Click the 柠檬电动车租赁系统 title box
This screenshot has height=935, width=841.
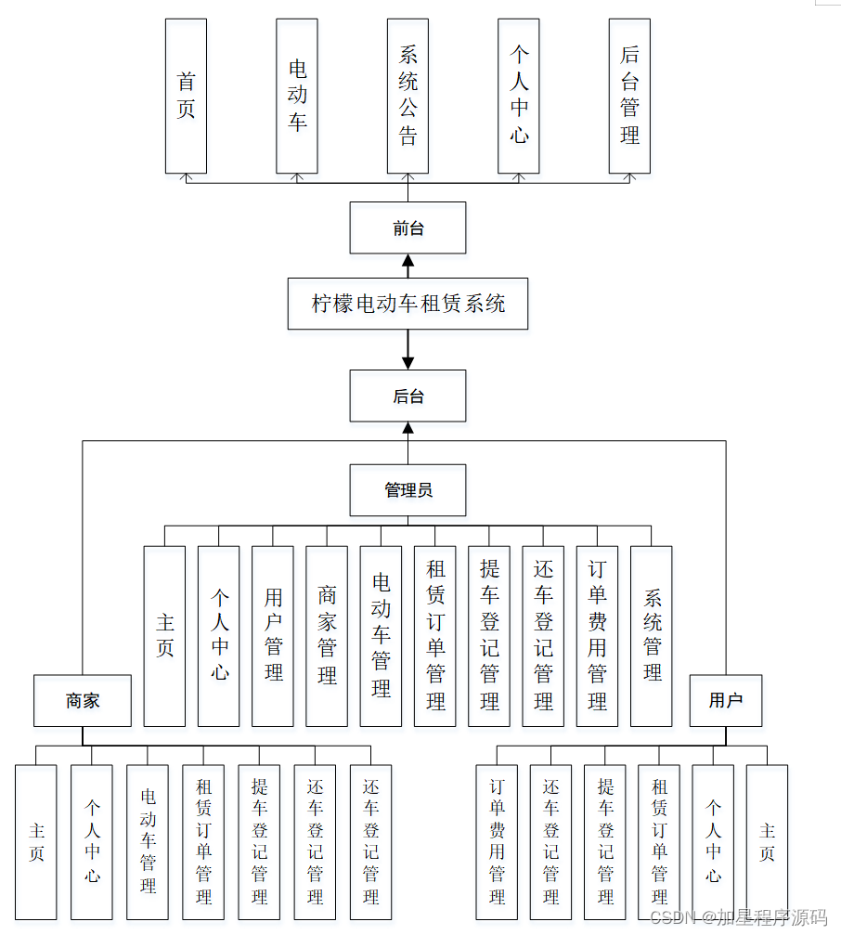point(408,304)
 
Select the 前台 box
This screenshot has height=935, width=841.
point(408,227)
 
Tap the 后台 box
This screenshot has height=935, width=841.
point(408,396)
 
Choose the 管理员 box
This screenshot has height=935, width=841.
point(408,490)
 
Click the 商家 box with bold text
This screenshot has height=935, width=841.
point(83,701)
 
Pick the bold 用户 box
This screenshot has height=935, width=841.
point(725,701)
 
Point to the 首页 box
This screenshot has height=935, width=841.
point(186,96)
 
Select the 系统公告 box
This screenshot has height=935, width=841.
point(408,96)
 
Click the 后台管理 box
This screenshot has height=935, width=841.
point(629,96)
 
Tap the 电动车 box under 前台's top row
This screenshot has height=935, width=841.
point(297,96)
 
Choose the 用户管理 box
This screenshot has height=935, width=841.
point(273,636)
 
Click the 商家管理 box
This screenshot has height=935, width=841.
point(327,636)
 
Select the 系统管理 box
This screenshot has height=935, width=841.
point(652,636)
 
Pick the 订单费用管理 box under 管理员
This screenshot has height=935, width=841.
point(598,636)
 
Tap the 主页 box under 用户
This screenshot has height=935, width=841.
point(767,842)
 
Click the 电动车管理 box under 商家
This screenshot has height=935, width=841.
point(148,842)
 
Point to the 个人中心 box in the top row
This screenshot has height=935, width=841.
point(519,96)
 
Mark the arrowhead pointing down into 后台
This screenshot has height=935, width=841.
point(408,363)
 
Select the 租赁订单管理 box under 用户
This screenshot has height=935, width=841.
point(659,842)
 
